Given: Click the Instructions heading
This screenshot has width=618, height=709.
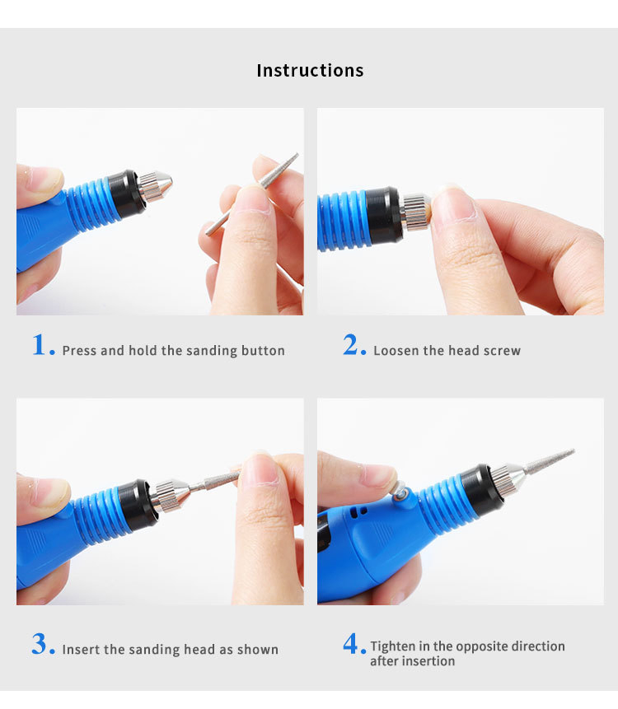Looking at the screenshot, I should pyautogui.click(x=310, y=71).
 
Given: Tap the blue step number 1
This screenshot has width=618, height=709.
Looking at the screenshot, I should pyautogui.click(x=42, y=346).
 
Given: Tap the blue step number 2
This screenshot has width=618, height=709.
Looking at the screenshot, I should pyautogui.click(x=353, y=346).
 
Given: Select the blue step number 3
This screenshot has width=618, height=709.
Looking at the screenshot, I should pyautogui.click(x=42, y=644).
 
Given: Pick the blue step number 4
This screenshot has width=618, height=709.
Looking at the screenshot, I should pyautogui.click(x=353, y=644).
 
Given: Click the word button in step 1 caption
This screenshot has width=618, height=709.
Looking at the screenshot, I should pyautogui.click(x=263, y=351).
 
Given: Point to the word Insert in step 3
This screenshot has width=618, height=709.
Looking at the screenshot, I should pyautogui.click(x=81, y=650).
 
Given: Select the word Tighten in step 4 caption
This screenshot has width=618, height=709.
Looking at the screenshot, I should pyautogui.click(x=394, y=646).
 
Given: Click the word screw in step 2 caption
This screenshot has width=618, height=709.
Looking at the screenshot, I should pyautogui.click(x=501, y=351).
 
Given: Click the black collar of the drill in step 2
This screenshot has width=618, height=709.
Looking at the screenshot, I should pyautogui.click(x=383, y=216).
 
